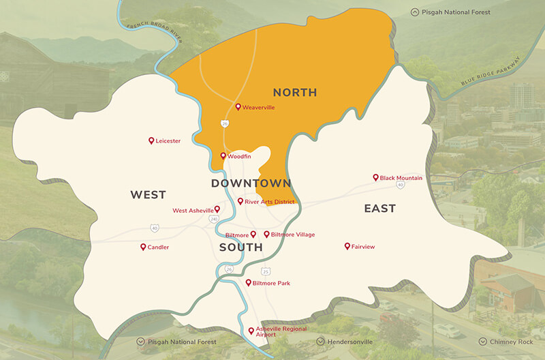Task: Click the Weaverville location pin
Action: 238,107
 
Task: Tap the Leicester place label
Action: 168,141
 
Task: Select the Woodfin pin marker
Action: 223,156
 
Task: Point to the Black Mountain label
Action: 401,178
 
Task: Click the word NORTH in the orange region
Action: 295,92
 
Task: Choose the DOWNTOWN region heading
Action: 251,183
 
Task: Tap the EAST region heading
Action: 379,209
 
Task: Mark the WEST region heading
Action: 148,195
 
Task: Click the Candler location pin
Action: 143,247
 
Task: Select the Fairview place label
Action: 362,247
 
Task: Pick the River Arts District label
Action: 269,202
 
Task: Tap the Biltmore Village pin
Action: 266,234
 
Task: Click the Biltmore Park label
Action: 271,282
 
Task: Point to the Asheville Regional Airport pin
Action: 251,329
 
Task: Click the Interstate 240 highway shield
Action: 214,219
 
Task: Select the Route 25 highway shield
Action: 266,271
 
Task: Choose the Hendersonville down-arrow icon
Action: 321,342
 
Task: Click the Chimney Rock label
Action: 510,342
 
